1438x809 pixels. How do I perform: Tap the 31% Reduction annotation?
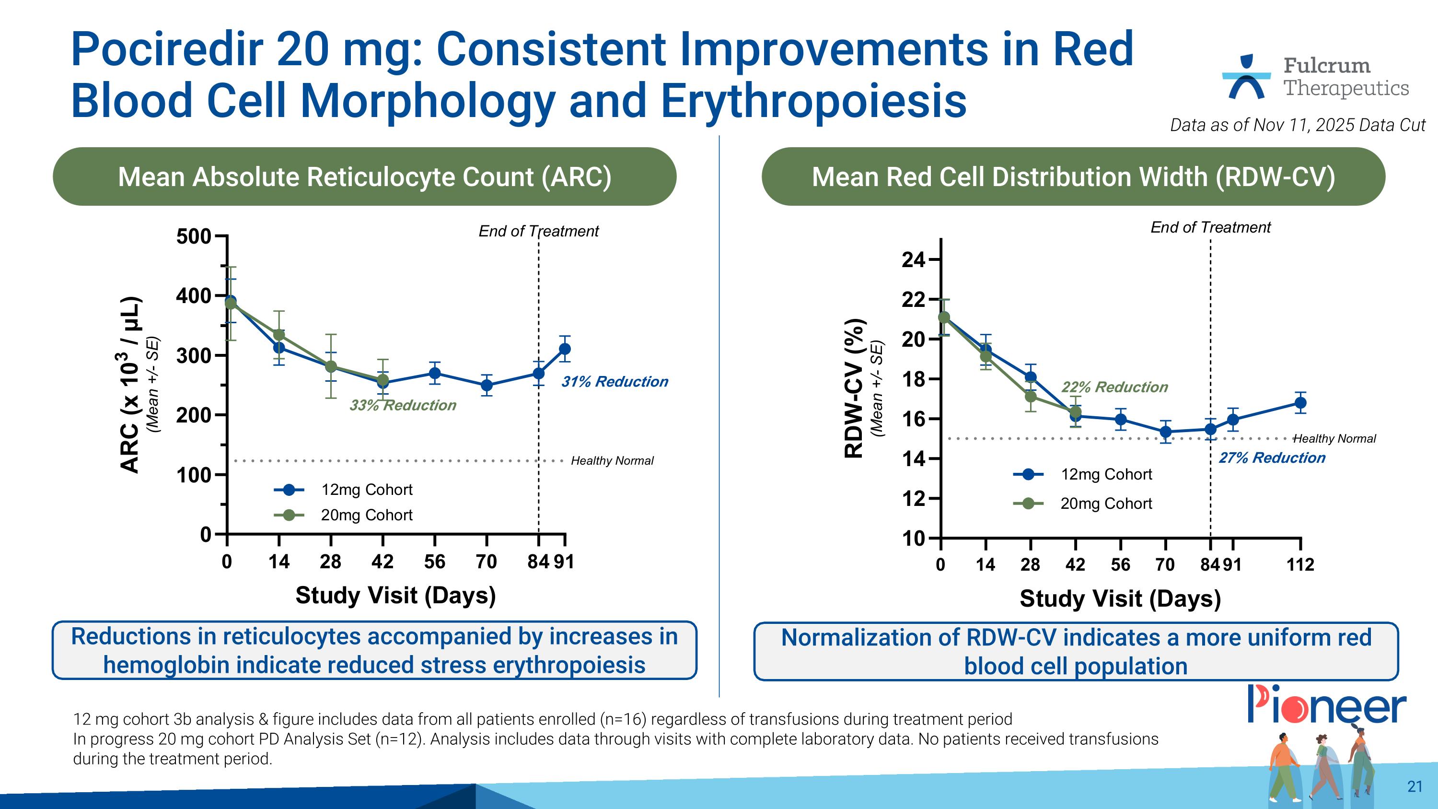[x=614, y=382]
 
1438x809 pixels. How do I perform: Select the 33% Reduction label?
[x=403, y=405]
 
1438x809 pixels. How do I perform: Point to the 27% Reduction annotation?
[x=1272, y=458]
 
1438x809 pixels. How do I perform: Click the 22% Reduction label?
[x=1114, y=387]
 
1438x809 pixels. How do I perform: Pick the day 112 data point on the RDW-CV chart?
[x=1300, y=402]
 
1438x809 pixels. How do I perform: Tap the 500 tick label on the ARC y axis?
[x=193, y=236]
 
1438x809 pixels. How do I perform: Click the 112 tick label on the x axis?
[x=1300, y=564]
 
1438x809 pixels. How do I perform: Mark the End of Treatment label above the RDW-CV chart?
[x=1210, y=227]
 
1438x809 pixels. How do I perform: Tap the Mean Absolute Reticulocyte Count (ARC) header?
[x=364, y=177]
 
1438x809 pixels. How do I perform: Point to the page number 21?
[x=1415, y=786]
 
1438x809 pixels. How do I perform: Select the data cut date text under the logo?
[x=1298, y=125]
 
